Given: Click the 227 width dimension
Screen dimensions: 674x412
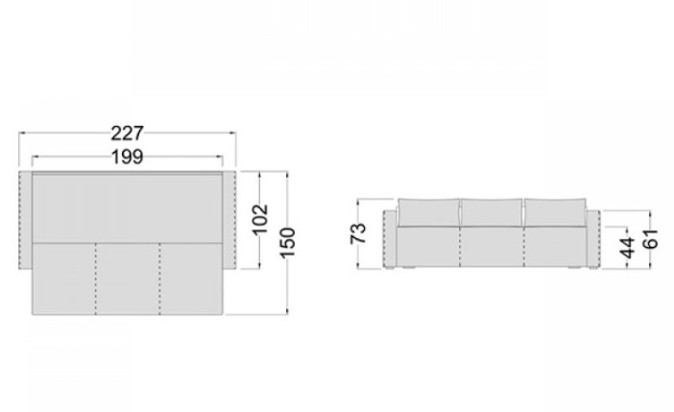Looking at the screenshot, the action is click(127, 133).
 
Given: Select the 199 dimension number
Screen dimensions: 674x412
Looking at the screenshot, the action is click(127, 157).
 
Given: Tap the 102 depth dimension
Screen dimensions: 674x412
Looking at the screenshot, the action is click(260, 219).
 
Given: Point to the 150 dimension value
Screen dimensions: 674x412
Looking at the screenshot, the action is click(288, 243).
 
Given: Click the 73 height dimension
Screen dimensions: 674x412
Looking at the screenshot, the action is click(358, 233).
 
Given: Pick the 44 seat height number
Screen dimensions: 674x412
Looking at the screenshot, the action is click(628, 247).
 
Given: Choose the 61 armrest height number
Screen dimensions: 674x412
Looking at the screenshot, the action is click(650, 239).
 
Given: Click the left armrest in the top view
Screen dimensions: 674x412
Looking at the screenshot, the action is click(25, 220).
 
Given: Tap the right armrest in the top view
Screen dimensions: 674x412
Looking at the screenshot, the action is click(229, 220).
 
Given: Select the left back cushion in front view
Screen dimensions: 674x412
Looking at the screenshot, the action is click(428, 212).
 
